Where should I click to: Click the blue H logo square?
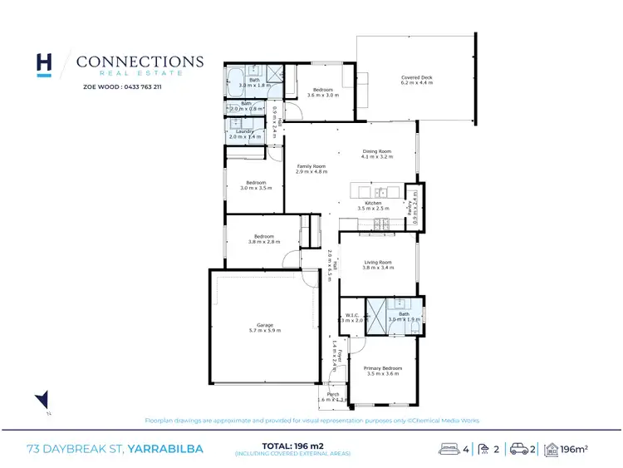pos(45,65)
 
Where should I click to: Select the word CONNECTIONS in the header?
pos(140,62)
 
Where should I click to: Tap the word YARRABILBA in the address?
pos(165,450)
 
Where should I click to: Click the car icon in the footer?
pos(520,450)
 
